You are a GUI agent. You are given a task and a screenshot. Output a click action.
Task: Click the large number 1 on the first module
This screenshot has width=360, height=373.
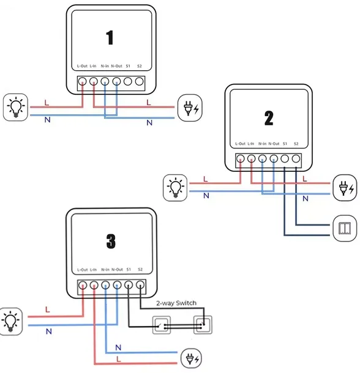(x=110, y=37)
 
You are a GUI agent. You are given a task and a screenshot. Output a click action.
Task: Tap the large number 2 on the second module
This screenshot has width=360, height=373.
(x=269, y=118)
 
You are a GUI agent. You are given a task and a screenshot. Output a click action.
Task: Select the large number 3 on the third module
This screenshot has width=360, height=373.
(x=111, y=241)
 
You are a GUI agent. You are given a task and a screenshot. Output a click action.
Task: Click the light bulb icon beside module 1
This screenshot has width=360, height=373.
(x=16, y=107)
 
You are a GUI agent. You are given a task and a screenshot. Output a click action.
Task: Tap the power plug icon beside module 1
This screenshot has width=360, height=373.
(x=190, y=108)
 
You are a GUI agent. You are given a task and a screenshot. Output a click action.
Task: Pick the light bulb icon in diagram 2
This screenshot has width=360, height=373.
(x=175, y=188)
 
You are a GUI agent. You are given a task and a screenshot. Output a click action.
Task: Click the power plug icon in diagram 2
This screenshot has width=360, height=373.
(x=345, y=188)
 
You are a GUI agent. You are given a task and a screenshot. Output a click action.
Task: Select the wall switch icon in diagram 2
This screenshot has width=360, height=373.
(x=345, y=229)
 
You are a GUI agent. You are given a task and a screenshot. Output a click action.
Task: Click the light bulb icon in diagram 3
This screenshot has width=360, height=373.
(x=10, y=322)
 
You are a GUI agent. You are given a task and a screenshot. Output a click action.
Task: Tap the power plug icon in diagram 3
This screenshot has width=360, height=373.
(x=191, y=358)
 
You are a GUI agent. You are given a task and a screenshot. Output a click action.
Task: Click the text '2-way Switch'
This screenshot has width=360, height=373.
(x=176, y=303)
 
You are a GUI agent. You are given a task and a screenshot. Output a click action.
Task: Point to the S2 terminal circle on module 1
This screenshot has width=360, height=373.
(x=140, y=81)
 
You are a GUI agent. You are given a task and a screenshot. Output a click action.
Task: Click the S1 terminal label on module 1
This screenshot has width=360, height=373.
(x=128, y=66)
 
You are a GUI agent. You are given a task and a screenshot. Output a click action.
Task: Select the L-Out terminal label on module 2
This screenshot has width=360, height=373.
(x=240, y=144)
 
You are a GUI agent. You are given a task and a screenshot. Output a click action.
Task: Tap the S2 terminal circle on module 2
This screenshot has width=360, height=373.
(x=296, y=158)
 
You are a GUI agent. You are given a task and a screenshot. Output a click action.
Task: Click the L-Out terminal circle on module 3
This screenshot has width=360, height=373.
(x=83, y=285)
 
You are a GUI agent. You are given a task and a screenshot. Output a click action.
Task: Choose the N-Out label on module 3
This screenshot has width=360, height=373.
(x=117, y=270)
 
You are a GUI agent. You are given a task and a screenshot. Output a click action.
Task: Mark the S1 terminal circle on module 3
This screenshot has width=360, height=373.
(x=129, y=285)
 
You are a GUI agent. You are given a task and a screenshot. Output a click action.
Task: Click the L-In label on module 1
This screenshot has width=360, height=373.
(x=93, y=66)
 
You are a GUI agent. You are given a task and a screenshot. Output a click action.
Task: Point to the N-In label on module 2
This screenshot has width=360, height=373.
(x=262, y=144)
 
